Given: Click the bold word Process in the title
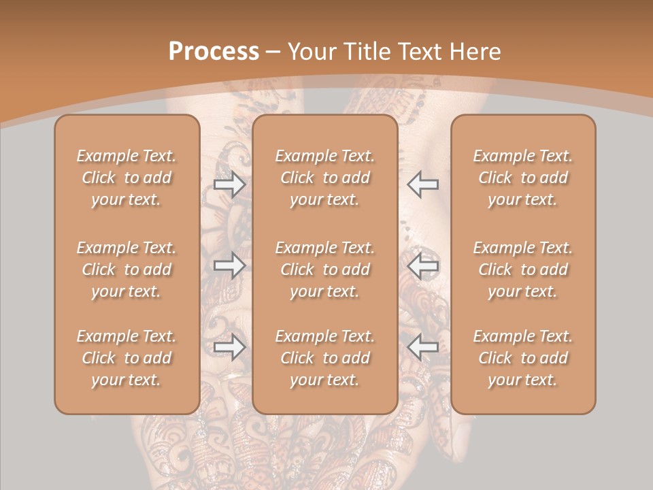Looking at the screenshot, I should point(214,52).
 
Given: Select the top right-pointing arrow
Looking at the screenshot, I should point(230,184).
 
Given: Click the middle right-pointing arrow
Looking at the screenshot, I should point(230,265).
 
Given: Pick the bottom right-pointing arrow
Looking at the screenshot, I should point(230,347).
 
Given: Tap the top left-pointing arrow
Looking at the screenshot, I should point(422,184).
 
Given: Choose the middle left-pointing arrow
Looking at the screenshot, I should point(422,265).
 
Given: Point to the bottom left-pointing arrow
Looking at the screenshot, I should point(422,347).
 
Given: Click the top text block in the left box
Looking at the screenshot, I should point(127,178).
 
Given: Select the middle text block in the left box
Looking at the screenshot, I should point(127,269).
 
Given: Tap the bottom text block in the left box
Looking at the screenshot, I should point(127,358).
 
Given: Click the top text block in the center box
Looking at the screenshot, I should point(325,178).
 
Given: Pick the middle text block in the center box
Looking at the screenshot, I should point(325,269).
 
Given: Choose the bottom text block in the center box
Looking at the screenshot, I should point(325,358).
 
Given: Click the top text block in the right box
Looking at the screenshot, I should point(523,178).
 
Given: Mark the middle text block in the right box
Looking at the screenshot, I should point(523,269).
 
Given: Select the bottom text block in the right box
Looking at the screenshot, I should point(523,358).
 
